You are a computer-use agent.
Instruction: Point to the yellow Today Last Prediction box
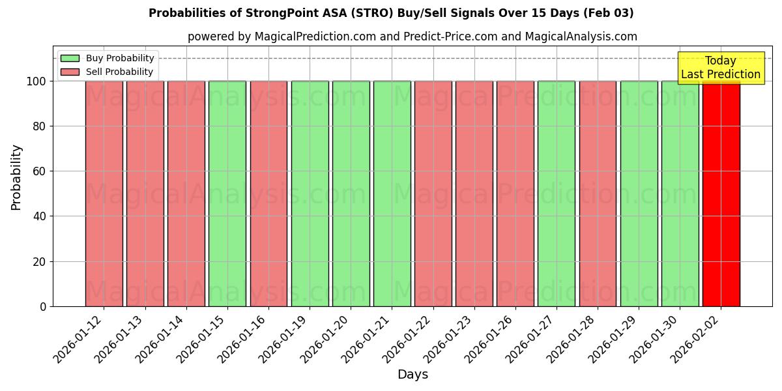[720, 68]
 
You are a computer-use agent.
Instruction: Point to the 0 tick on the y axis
[43, 306]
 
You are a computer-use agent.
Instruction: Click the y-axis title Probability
[16, 177]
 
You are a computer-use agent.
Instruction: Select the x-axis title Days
[413, 375]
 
